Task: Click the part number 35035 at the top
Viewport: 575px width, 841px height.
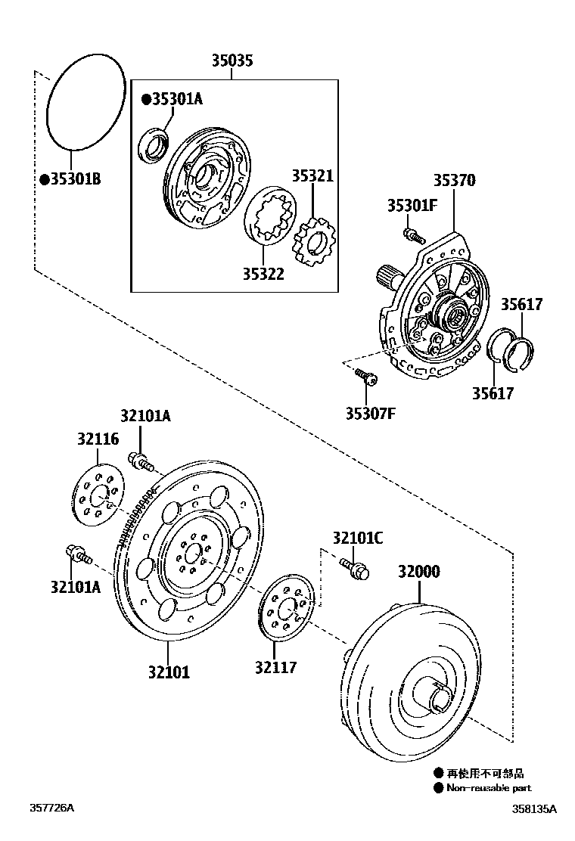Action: pyautogui.click(x=232, y=61)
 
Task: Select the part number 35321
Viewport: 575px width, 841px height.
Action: pyautogui.click(x=312, y=175)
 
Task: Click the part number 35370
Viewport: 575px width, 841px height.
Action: pyautogui.click(x=454, y=181)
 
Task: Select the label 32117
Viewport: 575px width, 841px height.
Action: pyautogui.click(x=275, y=667)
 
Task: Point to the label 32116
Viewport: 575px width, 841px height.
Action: pyautogui.click(x=98, y=439)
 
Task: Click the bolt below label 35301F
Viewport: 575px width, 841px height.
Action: pyautogui.click(x=412, y=234)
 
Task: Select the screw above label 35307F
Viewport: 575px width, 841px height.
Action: pyautogui.click(x=367, y=376)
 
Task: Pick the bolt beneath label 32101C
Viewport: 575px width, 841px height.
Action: pyautogui.click(x=355, y=567)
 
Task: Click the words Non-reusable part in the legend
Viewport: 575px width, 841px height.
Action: pyautogui.click(x=488, y=788)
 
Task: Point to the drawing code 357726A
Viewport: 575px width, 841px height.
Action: pyautogui.click(x=52, y=808)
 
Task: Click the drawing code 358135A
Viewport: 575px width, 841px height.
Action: pyautogui.click(x=533, y=809)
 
